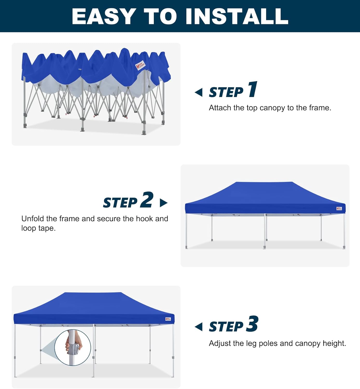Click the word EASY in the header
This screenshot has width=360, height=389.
(104, 16)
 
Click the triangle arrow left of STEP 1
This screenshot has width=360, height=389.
(199, 92)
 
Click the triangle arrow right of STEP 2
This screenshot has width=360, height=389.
(163, 203)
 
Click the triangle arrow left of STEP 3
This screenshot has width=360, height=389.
(199, 327)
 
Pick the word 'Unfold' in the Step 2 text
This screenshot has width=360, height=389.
(33, 219)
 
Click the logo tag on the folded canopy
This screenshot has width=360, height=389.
(140, 66)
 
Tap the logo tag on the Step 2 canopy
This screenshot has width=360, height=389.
(339, 209)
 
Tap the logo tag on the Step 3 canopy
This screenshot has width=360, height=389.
(168, 319)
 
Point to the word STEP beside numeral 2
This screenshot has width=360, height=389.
(120, 203)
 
